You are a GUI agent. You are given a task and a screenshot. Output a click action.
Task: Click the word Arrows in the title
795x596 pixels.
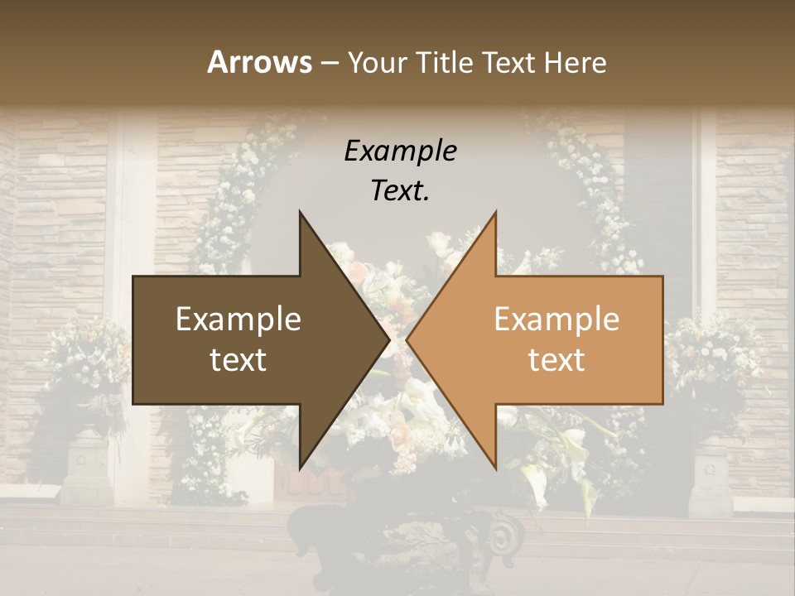point(259,62)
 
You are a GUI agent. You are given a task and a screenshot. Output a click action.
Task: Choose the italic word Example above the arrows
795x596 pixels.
point(400,151)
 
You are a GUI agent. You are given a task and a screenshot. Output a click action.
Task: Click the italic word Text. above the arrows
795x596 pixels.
point(400,190)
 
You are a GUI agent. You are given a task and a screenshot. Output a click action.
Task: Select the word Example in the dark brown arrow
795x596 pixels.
point(238,320)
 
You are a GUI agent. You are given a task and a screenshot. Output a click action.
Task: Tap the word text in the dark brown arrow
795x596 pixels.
point(238,360)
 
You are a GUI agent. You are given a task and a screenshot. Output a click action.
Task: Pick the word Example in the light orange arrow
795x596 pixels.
point(556,320)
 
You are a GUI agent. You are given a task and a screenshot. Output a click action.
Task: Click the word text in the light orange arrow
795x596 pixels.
point(556,360)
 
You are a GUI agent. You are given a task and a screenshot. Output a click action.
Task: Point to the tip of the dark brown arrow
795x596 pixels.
point(388,340)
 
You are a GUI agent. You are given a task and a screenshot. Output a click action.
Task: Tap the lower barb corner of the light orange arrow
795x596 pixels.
point(495,468)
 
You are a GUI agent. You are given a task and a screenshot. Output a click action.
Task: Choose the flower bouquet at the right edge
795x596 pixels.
point(712,356)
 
